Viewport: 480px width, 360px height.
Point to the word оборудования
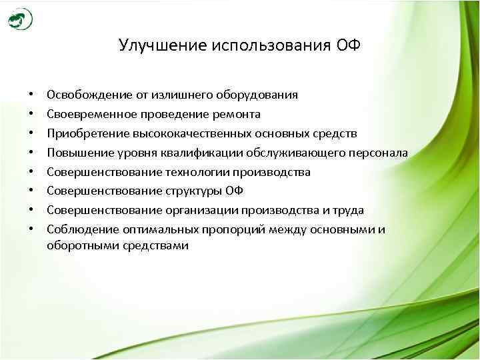click(x=258, y=95)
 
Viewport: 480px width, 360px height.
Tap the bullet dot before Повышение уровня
click(x=31, y=153)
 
